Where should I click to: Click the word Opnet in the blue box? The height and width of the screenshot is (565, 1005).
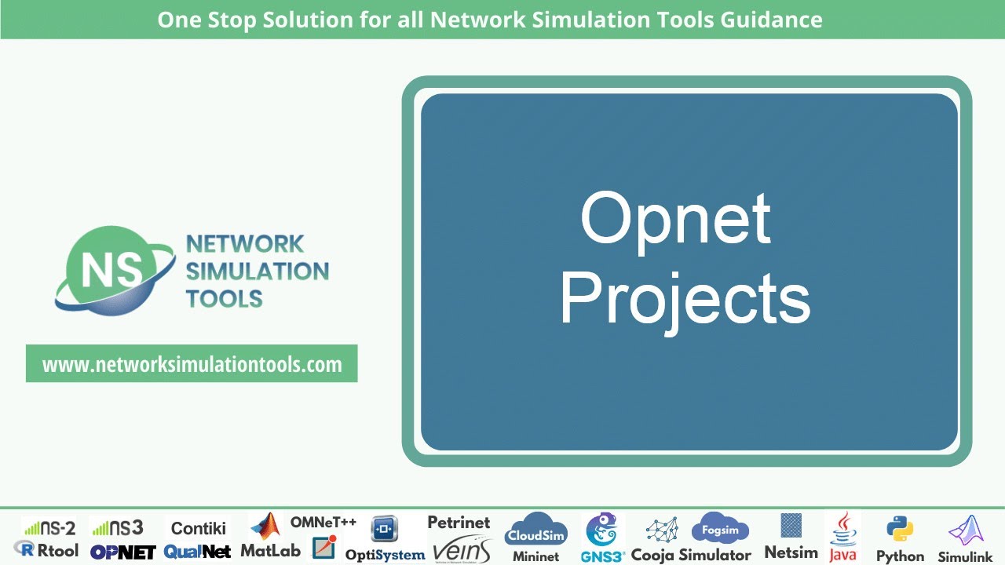[675, 220]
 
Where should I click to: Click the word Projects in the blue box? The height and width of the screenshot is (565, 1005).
[685, 301]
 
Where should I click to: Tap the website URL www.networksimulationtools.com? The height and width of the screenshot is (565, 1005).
[192, 364]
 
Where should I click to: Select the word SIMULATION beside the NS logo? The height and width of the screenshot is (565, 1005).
[258, 272]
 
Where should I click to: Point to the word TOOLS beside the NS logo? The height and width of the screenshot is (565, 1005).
[225, 299]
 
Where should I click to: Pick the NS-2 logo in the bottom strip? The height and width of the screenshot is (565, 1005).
[49, 528]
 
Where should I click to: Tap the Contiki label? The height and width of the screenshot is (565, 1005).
[199, 528]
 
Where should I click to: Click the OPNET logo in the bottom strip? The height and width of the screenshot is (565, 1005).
[122, 552]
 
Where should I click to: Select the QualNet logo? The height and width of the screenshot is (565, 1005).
[198, 552]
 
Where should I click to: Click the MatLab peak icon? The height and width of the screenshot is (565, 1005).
[266, 527]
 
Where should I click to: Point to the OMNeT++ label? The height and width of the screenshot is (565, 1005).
[323, 522]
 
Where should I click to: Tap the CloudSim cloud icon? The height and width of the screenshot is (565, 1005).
[536, 530]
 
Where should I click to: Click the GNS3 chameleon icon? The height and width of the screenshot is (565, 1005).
[603, 530]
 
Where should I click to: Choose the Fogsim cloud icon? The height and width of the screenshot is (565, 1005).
[720, 529]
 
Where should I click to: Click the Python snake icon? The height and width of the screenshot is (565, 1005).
[900, 530]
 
